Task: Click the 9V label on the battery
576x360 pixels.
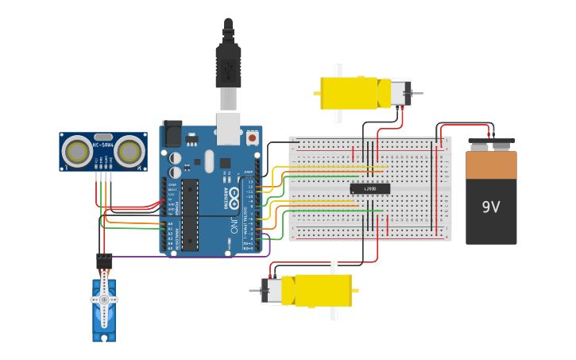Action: coord(491,207)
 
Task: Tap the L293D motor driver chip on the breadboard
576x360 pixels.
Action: coord(370,188)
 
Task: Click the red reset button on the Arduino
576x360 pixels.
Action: coord(252,137)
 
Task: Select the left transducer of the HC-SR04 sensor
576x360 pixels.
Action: coord(78,151)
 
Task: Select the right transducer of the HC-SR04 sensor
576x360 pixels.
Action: coord(129,150)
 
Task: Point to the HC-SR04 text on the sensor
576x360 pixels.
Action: coord(102,145)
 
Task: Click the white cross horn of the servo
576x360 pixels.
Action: coord(103,300)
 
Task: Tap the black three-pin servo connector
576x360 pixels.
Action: coord(104,261)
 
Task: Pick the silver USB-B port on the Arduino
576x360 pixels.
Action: coord(229,132)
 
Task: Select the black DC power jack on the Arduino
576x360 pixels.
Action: coord(172,133)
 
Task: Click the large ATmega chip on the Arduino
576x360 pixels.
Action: coord(190,215)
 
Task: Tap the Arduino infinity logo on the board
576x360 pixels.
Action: coord(235,190)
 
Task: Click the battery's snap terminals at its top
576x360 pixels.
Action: coord(491,145)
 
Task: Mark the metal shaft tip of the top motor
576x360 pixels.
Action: coord(419,93)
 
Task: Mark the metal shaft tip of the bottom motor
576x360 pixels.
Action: coord(253,290)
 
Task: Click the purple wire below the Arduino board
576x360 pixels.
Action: coord(191,257)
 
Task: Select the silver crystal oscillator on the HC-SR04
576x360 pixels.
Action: coord(103,137)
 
